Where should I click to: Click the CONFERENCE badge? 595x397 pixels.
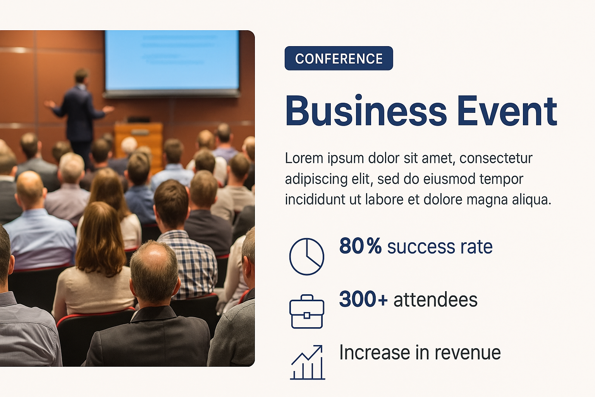point(339,58)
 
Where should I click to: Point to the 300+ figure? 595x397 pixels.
point(363,299)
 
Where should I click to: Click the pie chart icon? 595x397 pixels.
point(306,256)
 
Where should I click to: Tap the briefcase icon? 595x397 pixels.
point(307,311)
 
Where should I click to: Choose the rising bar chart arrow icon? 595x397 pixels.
point(307,362)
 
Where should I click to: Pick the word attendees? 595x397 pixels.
point(435,299)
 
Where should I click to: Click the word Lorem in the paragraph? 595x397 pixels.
point(304,158)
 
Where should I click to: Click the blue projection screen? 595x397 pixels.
point(172,60)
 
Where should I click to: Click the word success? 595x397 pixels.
point(421,247)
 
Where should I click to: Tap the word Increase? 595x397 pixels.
point(375,352)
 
